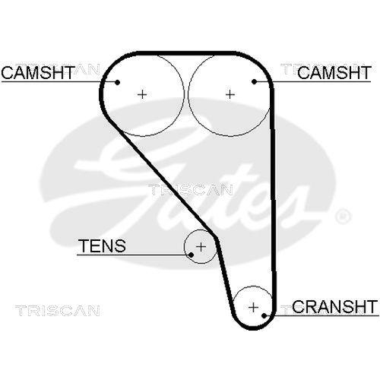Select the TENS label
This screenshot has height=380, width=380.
click(103, 245)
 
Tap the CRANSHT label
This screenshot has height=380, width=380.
click(334, 306)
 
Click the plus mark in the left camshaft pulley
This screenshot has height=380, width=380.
click(142, 93)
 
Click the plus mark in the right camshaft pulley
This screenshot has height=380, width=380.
click(230, 93)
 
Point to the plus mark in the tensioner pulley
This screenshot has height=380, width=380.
click(201, 246)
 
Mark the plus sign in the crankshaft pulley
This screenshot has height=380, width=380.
click(254, 307)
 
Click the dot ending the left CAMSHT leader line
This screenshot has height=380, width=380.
click(119, 81)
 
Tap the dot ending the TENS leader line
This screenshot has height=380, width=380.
click(190, 255)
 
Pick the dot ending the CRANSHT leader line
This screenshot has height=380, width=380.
click(266, 315)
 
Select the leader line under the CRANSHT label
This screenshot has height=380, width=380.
click(319, 315)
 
